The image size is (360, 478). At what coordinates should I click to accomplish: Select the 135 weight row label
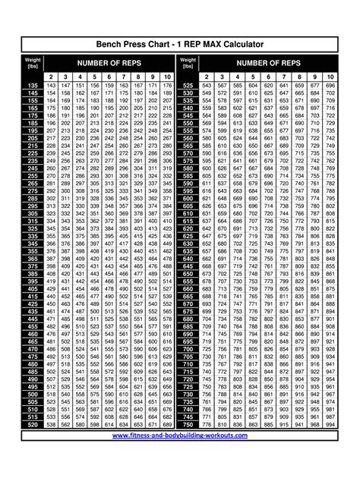point(33,86)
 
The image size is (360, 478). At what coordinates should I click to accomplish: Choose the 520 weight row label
point(33,423)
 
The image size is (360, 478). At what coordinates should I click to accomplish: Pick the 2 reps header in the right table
point(207,77)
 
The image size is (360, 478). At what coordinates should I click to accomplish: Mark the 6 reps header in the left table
point(109,77)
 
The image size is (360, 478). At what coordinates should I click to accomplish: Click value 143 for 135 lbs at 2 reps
point(52,86)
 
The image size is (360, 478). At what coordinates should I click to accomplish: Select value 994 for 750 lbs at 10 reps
point(330,423)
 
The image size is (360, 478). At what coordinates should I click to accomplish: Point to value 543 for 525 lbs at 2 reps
point(207,86)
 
